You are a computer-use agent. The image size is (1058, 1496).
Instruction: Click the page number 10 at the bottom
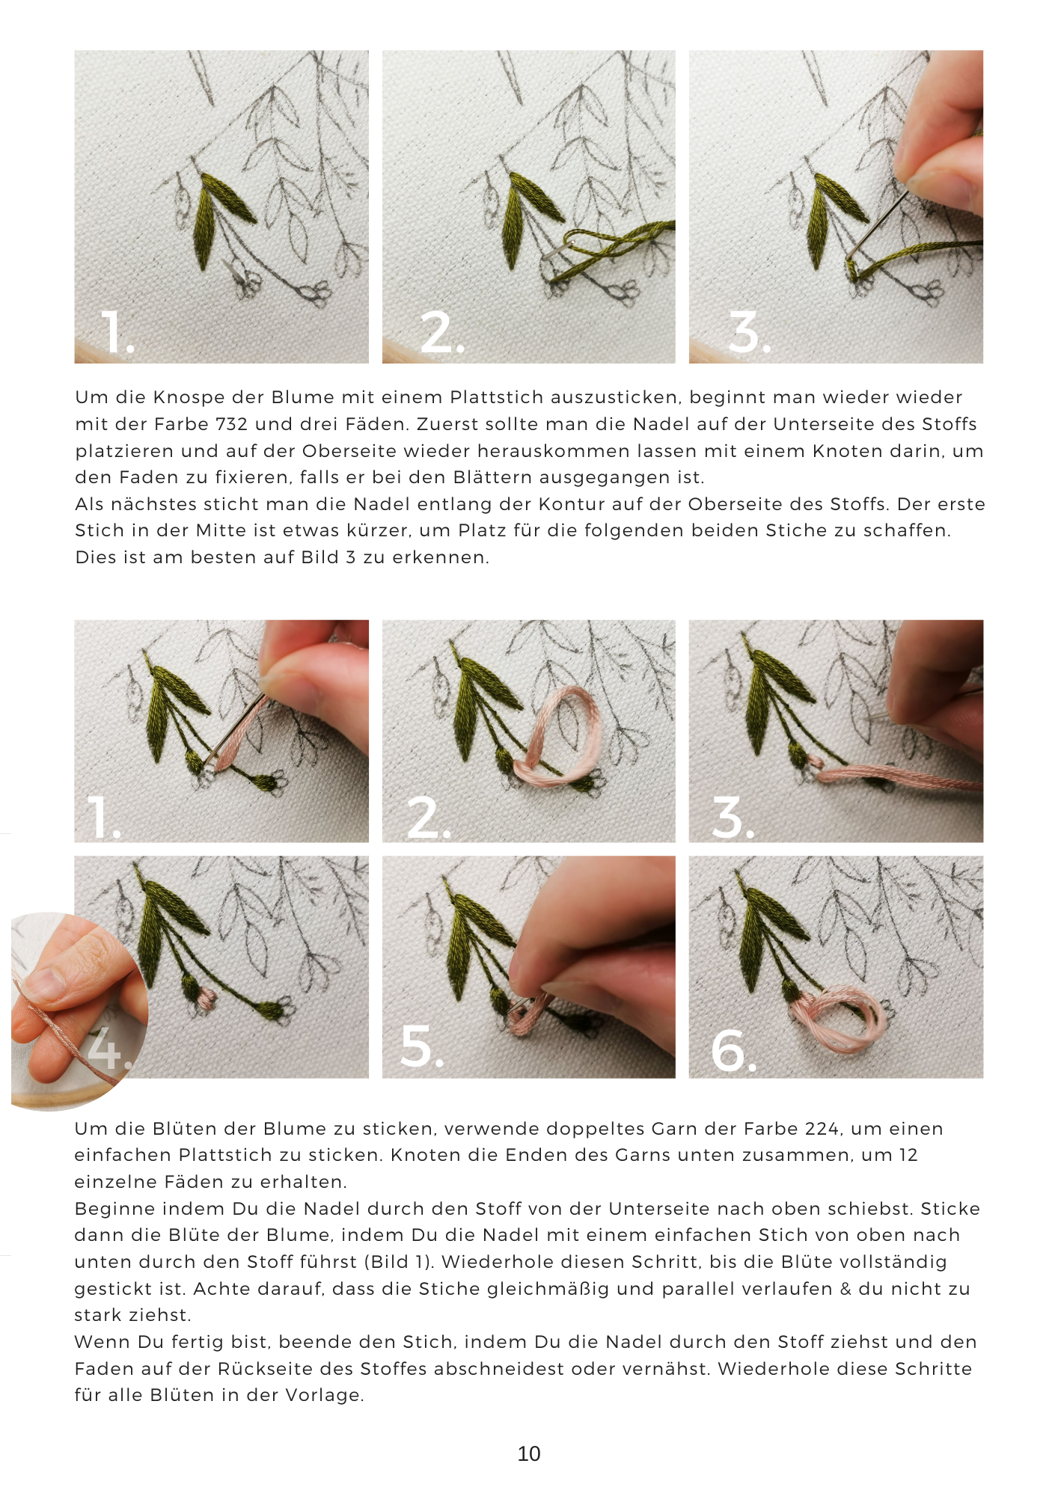click(528, 1453)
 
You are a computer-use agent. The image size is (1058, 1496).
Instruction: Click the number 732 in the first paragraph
click(231, 424)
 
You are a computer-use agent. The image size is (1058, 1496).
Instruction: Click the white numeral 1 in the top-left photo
click(114, 333)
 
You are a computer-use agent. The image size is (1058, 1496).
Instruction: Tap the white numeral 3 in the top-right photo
click(745, 333)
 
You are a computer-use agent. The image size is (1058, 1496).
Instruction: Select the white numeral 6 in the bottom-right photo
click(728, 1050)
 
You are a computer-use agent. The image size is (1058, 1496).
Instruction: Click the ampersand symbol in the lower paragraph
click(846, 1289)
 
